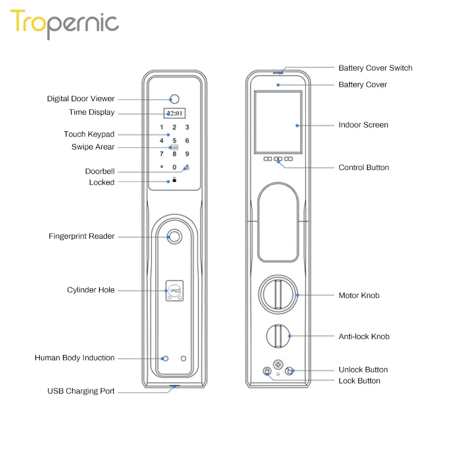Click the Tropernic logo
pyautogui.click(x=64, y=24)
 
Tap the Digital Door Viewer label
pyautogui.click(x=81, y=99)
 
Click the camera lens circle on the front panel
pyautogui.click(x=175, y=97)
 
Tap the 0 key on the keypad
pyautogui.click(x=175, y=168)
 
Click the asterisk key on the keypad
pyautogui.click(x=162, y=168)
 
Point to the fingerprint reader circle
pyautogui.click(x=175, y=237)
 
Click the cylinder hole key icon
pyautogui.click(x=175, y=291)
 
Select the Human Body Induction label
pyautogui.click(x=75, y=358)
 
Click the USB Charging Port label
pyautogui.click(x=81, y=391)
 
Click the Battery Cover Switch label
pyautogui.click(x=375, y=68)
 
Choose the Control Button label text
pyautogui.click(x=364, y=168)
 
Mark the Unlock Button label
pyautogui.click(x=363, y=370)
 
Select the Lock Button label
pyautogui.click(x=359, y=381)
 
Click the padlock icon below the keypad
pyautogui.click(x=175, y=180)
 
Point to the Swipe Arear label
pyautogui.click(x=93, y=147)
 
